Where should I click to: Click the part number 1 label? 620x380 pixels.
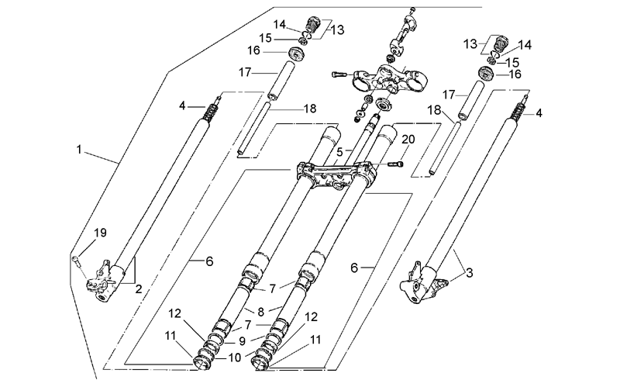pyautogui.click(x=79, y=150)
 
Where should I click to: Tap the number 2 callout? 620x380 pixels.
pyautogui.click(x=139, y=289)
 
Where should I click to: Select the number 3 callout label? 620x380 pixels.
pyautogui.click(x=470, y=273)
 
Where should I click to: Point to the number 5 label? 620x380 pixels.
pyautogui.click(x=339, y=151)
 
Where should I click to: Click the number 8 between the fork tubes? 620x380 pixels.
pyautogui.click(x=260, y=312)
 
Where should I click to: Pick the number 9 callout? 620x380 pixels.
pyautogui.click(x=242, y=341)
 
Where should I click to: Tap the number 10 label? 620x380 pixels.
pyautogui.click(x=235, y=358)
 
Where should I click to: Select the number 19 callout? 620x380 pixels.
pyautogui.click(x=101, y=233)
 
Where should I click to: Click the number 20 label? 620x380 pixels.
pyautogui.click(x=408, y=140)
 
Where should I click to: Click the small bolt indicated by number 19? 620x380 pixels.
pyautogui.click(x=75, y=260)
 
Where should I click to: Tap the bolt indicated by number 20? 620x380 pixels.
pyautogui.click(x=397, y=164)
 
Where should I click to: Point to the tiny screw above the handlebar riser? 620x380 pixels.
pyautogui.click(x=412, y=9)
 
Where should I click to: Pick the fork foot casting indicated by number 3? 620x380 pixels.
pyautogui.click(x=419, y=282)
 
